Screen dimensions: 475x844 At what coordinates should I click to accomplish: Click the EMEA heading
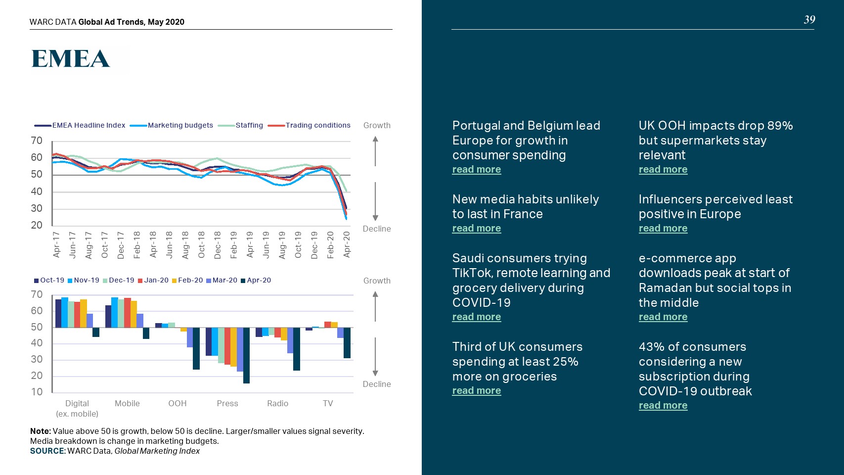70,59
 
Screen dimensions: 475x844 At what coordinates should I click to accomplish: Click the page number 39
809,20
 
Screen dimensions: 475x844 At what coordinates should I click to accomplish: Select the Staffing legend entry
249,125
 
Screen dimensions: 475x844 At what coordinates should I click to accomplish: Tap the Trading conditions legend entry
317,125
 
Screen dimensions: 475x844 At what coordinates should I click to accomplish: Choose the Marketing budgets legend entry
180,125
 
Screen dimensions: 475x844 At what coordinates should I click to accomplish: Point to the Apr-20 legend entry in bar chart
259,280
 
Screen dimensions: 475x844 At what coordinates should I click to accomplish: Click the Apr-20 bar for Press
246,355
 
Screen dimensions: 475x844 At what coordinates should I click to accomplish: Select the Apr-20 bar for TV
347,342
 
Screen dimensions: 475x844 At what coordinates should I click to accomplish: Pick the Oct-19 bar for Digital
58,313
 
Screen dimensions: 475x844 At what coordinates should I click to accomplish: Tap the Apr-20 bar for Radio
297,349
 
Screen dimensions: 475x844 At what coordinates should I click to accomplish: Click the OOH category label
178,403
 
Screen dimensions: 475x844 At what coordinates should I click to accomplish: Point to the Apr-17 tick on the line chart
56,244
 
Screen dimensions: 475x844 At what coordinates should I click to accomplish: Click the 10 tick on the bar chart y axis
37,392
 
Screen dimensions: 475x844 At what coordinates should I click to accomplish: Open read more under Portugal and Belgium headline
477,169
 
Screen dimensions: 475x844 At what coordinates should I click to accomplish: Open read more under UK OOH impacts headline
663,169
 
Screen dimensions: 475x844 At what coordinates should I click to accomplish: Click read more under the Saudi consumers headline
477,317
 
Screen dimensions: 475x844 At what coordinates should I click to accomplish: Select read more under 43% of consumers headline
663,405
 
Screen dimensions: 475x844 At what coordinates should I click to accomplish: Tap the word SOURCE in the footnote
47,451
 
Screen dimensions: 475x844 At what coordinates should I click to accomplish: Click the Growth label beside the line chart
377,125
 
